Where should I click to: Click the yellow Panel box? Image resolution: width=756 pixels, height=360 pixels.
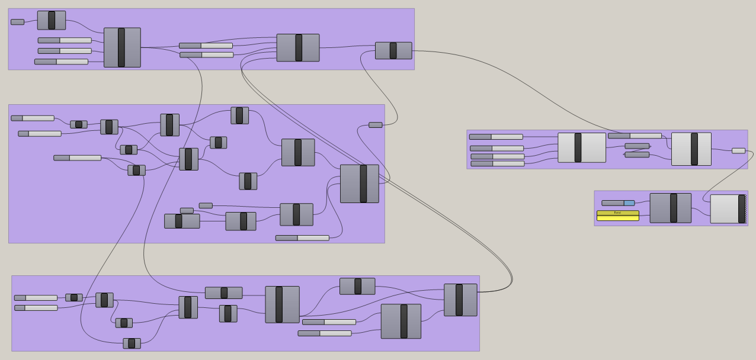[x=617, y=216]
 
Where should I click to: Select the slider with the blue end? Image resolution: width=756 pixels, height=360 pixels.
[x=618, y=203]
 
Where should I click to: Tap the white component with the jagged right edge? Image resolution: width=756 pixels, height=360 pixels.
[x=728, y=209]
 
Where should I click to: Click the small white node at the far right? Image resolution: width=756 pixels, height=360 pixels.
[x=738, y=151]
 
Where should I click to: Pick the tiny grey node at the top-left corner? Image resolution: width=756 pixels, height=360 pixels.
[x=17, y=22]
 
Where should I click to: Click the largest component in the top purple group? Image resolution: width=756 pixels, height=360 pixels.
[x=122, y=47]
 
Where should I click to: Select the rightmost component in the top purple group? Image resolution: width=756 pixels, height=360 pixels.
[x=393, y=50]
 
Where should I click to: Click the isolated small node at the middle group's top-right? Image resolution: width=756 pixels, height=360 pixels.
[x=376, y=125]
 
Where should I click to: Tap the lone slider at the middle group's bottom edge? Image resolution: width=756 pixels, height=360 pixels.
[x=302, y=238]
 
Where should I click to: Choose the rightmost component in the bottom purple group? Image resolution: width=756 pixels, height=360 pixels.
[x=460, y=300]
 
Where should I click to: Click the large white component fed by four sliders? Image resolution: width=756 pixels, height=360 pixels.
[x=582, y=147]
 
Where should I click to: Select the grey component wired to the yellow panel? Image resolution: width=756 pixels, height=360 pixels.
[x=670, y=208]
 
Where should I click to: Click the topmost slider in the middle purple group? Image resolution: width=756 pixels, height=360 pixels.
[x=33, y=118]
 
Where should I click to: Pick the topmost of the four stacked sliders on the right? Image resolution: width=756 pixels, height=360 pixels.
[x=496, y=137]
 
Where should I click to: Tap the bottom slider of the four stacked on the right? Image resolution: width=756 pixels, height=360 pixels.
[x=497, y=163]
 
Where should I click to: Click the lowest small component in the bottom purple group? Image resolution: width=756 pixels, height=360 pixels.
[x=132, y=343]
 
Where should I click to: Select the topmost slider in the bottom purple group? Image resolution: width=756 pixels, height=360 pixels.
[x=36, y=298]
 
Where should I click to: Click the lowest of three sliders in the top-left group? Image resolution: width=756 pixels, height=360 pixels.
[x=61, y=62]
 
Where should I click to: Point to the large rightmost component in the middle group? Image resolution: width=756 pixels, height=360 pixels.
[x=359, y=184]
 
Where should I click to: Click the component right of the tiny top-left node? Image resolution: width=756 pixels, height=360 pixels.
[x=52, y=20]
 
